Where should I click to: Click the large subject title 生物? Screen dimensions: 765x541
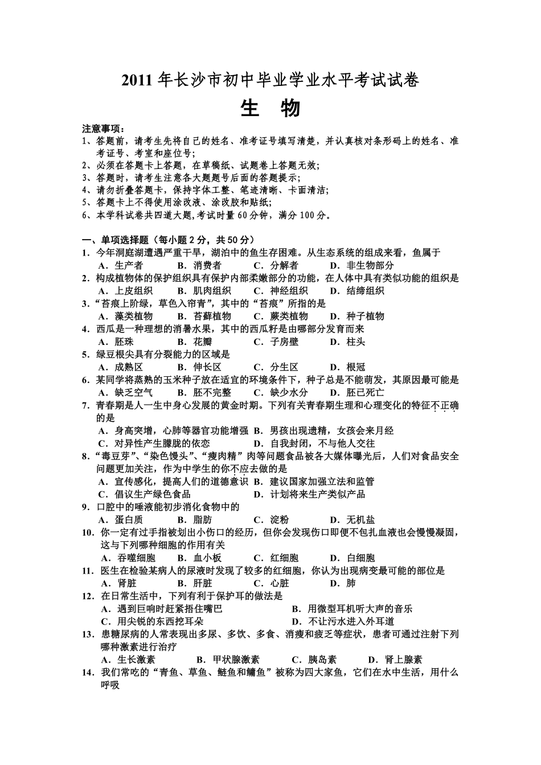[x=270, y=108]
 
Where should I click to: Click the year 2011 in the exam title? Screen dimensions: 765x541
[x=137, y=81]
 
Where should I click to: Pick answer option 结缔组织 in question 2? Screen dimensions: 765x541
[x=365, y=291]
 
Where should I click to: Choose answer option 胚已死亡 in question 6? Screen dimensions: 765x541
[x=365, y=393]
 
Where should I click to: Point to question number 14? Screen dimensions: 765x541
[x=88, y=673]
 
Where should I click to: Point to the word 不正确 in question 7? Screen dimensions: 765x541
[x=446, y=405]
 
